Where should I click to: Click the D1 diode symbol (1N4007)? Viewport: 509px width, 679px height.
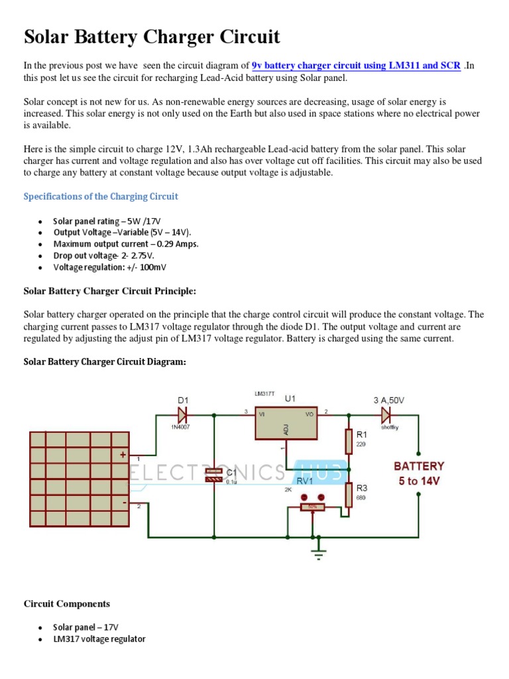[183, 416]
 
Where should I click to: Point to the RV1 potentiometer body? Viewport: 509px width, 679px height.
[312, 507]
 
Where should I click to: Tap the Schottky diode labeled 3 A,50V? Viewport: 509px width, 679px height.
[386, 416]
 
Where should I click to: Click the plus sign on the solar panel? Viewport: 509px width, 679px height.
[122, 455]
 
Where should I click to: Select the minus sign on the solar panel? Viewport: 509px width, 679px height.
[123, 501]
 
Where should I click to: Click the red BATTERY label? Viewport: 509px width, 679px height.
[419, 466]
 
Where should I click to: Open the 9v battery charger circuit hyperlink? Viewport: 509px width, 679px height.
[356, 66]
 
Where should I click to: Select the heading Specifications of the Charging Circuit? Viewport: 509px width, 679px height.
[101, 196]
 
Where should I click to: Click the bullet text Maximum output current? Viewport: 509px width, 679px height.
[126, 243]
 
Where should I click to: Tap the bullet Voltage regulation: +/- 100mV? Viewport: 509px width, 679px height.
[111, 267]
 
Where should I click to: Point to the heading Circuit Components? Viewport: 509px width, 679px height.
[67, 603]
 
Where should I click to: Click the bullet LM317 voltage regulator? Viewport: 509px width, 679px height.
[99, 639]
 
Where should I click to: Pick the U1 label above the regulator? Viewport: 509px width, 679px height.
[290, 399]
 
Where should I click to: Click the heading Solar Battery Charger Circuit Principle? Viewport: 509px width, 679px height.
[110, 290]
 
